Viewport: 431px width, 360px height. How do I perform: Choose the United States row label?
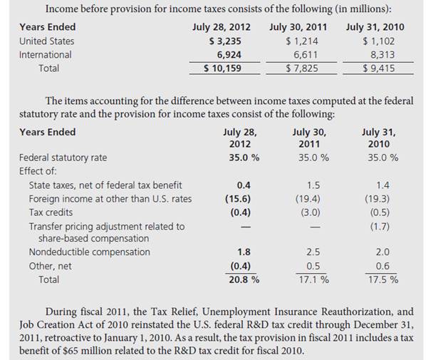pos(46,41)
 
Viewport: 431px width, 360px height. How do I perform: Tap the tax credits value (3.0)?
pos(311,212)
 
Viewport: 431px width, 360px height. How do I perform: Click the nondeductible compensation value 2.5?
pos(311,252)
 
